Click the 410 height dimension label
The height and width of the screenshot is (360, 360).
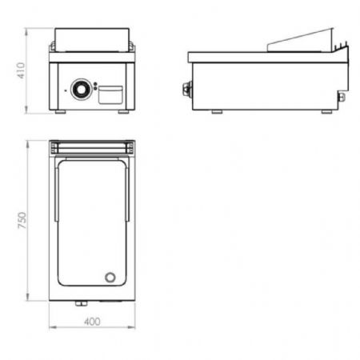coord(21,70)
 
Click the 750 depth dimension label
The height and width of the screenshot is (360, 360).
coord(22,220)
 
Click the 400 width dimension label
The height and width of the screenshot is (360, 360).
coord(92,322)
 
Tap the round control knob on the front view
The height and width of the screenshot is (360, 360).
coord(82,90)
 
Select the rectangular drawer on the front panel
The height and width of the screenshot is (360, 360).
coord(110,94)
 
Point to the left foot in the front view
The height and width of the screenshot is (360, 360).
coord(61,112)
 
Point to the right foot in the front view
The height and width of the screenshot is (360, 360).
coord(123,112)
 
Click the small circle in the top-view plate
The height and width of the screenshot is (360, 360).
coord(110,278)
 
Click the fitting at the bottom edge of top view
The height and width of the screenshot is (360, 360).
coord(81,303)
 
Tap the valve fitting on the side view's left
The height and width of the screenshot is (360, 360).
coord(187,89)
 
